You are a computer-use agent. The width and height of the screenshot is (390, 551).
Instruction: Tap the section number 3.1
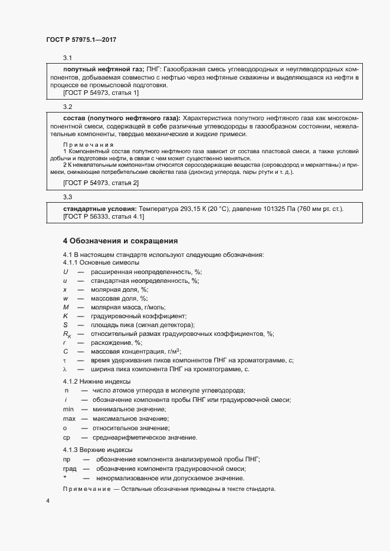pos(67,58)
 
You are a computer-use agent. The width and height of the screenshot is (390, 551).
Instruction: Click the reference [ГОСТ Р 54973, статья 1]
pos(101,93)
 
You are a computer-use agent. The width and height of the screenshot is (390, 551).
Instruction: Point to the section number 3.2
pos(67,107)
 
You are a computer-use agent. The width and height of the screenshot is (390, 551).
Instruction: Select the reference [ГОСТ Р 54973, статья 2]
pos(101,183)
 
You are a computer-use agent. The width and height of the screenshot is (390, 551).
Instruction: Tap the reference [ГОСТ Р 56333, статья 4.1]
pos(103,217)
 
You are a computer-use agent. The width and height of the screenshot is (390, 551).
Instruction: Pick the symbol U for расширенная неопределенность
pos(65,272)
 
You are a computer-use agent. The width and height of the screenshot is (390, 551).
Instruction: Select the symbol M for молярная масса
pos(66,307)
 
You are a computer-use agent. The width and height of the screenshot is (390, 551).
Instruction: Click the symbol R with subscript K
pos(67,334)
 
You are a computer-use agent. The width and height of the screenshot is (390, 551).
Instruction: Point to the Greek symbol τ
pos(65,360)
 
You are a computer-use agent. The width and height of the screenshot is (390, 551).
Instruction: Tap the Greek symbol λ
pos(65,369)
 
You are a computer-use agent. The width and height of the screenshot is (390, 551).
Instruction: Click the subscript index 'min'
pos(68,409)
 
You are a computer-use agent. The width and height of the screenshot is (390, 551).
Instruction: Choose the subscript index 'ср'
pos(67,437)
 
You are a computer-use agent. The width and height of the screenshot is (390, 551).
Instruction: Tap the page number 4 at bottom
pos(48,501)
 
